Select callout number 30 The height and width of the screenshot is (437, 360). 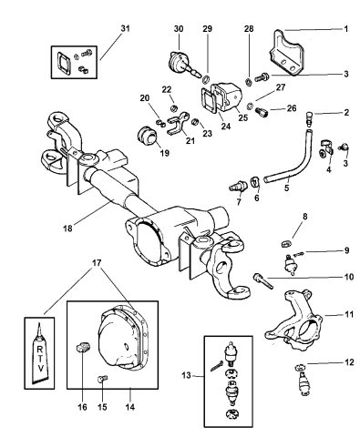pyautogui.click(x=179, y=29)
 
